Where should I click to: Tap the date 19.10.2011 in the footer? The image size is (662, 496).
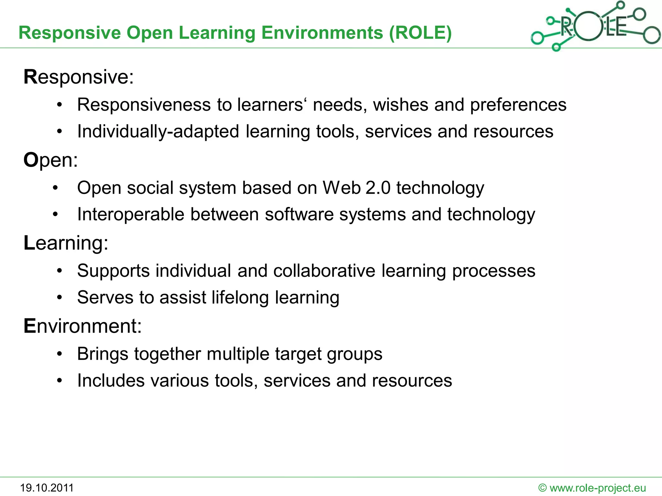[47, 488]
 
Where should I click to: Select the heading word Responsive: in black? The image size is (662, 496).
[79, 77]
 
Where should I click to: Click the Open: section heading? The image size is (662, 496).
[51, 160]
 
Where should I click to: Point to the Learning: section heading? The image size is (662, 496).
[66, 243]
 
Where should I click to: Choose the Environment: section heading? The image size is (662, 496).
[83, 326]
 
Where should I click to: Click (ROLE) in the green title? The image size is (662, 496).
[420, 33]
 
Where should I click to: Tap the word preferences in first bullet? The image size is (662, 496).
[518, 105]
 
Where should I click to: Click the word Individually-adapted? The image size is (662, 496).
[158, 132]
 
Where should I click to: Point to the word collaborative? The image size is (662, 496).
[324, 271]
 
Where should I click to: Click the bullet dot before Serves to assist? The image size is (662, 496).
[59, 297]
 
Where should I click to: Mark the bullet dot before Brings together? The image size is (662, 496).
[59, 354]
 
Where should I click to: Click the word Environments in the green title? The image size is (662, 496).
[322, 33]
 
